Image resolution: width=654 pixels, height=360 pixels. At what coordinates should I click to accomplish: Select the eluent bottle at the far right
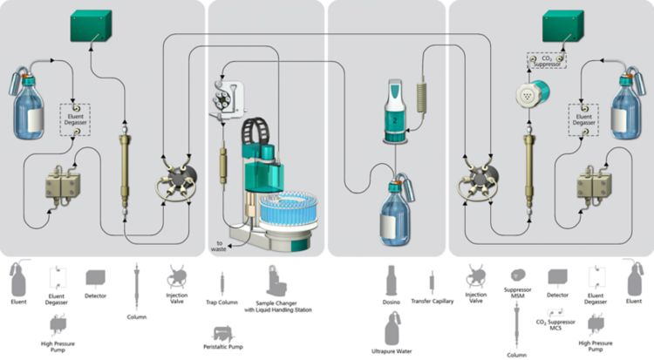coord(628,100)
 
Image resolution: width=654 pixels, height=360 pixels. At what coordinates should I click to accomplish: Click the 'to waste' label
coord(216,244)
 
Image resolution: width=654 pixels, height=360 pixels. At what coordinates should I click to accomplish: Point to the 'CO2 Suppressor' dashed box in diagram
coord(545,60)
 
